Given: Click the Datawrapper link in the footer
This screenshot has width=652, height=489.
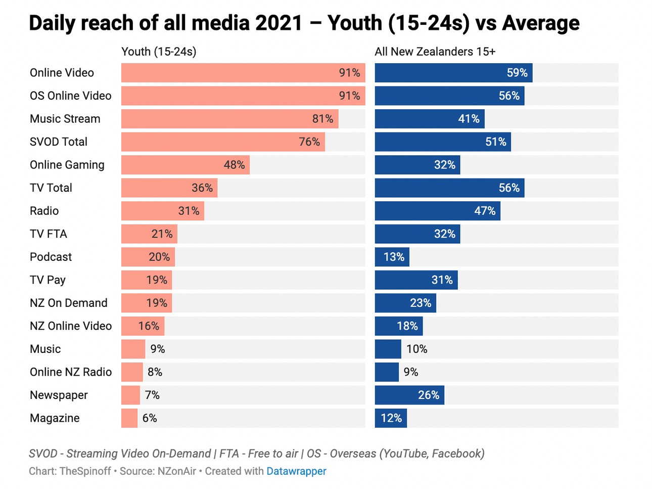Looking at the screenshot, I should click(x=296, y=471).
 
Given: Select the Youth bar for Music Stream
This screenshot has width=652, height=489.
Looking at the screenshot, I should click(x=229, y=119).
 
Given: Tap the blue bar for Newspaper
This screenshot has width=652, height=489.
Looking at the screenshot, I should click(x=409, y=395).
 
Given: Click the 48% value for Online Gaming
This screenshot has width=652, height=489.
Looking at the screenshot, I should click(x=235, y=165).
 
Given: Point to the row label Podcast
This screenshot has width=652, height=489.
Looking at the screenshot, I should click(x=51, y=257).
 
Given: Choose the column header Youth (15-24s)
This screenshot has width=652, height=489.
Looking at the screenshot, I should click(x=159, y=52).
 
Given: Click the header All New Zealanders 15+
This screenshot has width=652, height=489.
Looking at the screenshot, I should click(x=435, y=52).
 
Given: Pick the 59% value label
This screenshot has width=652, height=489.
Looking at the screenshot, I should click(x=517, y=73).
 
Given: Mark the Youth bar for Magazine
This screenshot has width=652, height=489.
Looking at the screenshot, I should click(x=129, y=418).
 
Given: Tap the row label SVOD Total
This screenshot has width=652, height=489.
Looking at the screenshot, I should click(x=59, y=142).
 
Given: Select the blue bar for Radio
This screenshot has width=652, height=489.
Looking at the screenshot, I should click(x=437, y=211).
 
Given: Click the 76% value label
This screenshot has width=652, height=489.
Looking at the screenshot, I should click(x=309, y=142).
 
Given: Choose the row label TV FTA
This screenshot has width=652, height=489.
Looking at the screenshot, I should click(x=49, y=234).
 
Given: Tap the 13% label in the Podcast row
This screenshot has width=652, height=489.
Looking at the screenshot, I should click(x=394, y=257).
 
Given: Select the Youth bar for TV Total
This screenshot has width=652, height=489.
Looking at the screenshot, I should click(x=169, y=188).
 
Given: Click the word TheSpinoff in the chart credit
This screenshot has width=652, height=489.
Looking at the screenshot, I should click(x=85, y=471).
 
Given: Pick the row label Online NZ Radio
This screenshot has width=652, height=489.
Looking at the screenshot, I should click(x=71, y=372).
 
